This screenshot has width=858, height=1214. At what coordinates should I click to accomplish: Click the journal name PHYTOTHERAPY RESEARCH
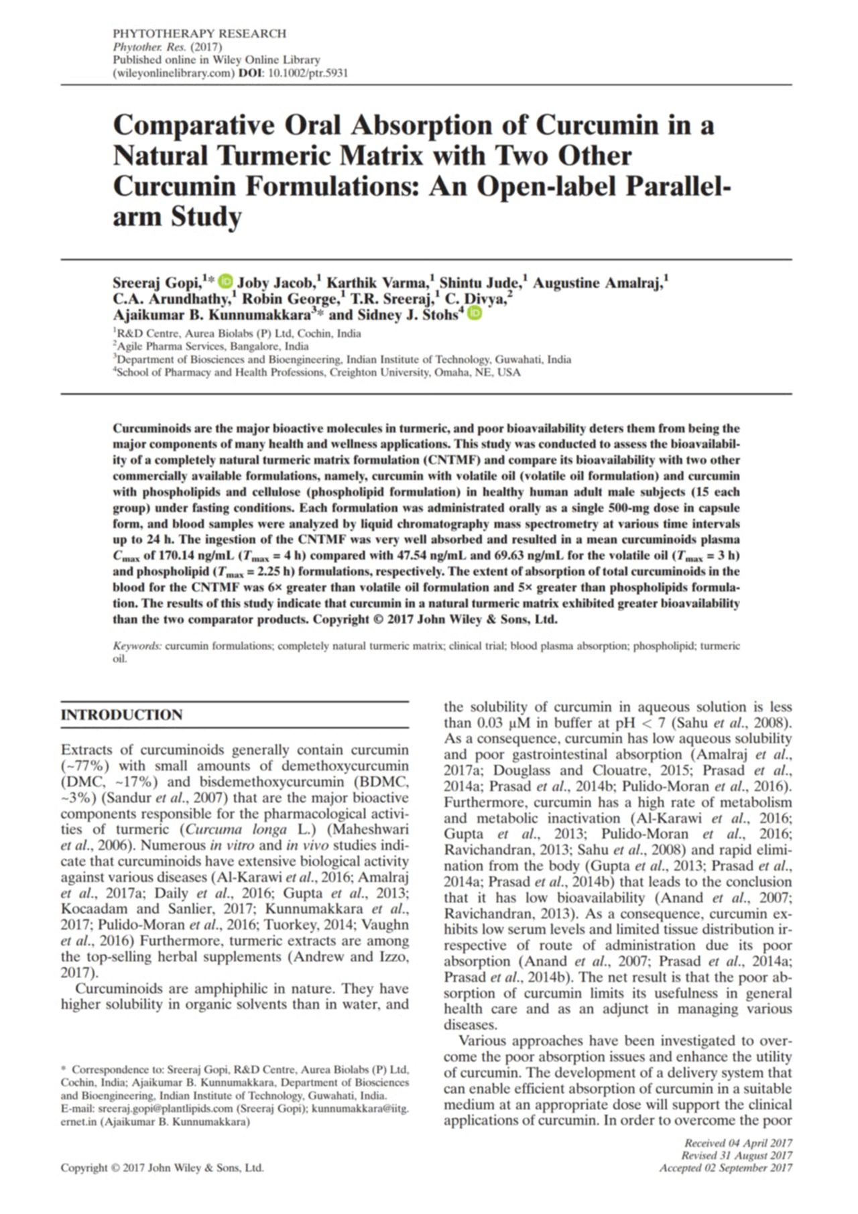(199, 34)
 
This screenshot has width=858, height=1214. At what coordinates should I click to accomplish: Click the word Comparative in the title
(194, 125)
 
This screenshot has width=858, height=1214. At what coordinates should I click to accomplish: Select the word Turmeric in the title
(274, 156)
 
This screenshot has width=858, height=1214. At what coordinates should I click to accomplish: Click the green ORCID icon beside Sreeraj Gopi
(227, 282)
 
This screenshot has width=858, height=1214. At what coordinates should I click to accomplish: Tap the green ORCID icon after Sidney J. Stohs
(474, 313)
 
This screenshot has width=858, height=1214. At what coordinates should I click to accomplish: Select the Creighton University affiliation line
(318, 373)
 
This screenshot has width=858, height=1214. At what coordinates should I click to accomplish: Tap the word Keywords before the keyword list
(137, 646)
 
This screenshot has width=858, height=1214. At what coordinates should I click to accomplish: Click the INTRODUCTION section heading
(121, 715)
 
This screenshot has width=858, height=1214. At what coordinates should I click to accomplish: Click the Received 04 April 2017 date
(738, 1143)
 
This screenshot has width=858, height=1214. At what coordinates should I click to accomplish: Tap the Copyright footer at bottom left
(162, 1168)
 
